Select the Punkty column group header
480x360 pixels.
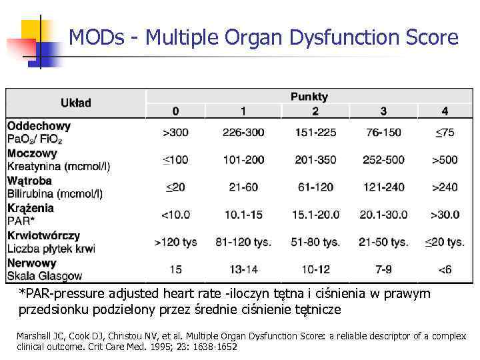(x=309, y=97)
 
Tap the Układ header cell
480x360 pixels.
(x=75, y=103)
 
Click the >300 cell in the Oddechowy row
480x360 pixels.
(x=175, y=132)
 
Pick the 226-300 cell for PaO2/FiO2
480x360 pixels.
(x=243, y=132)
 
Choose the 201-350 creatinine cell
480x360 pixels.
(x=315, y=160)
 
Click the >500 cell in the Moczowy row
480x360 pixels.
(x=445, y=160)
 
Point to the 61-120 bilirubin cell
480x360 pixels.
(x=315, y=187)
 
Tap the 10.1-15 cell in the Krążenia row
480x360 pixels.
(x=243, y=215)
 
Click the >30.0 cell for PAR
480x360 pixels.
(x=445, y=215)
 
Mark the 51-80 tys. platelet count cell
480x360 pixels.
(x=315, y=242)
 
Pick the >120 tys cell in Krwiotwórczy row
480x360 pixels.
(x=175, y=242)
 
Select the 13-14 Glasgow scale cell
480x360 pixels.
(x=243, y=269)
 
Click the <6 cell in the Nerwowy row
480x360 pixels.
(x=445, y=269)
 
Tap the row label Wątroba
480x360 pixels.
(x=29, y=181)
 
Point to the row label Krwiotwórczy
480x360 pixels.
(x=43, y=235)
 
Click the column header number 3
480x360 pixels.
(x=383, y=111)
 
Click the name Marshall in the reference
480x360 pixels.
(x=33, y=336)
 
